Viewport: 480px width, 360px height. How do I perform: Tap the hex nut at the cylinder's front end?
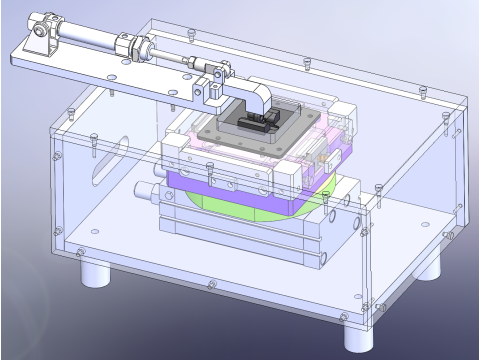click(131, 45)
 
